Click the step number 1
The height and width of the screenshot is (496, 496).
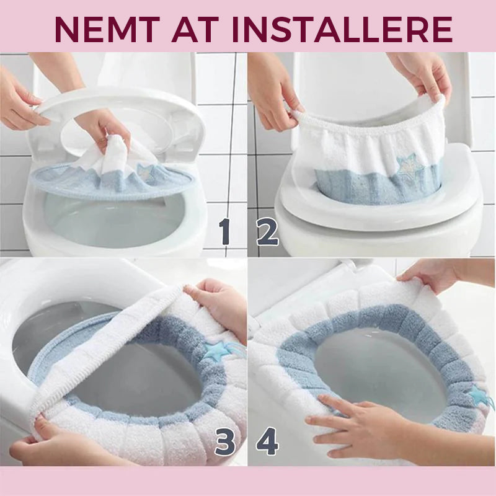coord(224,232)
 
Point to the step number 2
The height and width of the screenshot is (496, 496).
coord(268,233)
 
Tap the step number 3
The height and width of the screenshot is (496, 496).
coord(224,441)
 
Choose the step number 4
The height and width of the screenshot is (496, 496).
coord(267,441)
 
